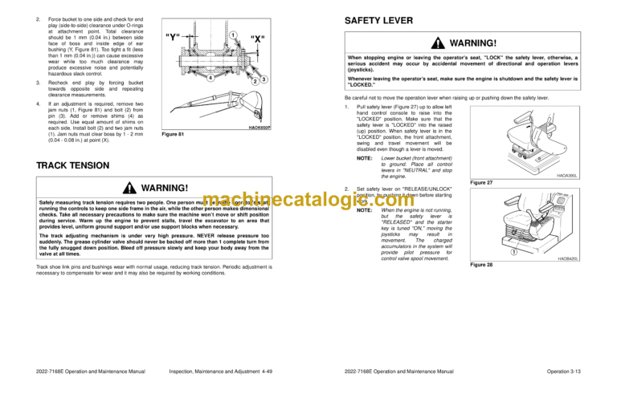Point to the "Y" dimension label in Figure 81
(x=172, y=36)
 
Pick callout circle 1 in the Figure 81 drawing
(x=231, y=34)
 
